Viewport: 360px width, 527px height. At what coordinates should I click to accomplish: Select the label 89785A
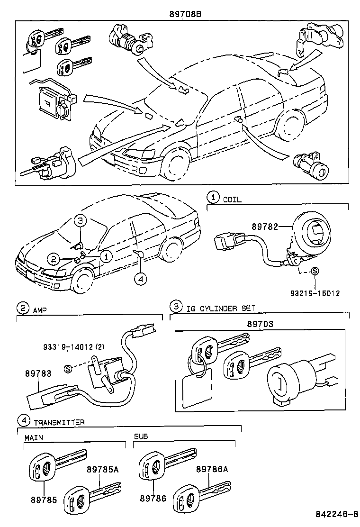[x=102, y=469]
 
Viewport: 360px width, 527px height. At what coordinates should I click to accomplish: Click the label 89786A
[x=212, y=469]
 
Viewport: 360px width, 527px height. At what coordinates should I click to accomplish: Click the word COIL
[x=232, y=200]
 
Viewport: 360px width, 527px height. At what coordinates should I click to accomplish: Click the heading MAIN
[x=33, y=437]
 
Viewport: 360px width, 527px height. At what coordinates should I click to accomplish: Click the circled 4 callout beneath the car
[x=140, y=279]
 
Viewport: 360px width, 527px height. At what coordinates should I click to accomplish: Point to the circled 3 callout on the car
[x=81, y=220]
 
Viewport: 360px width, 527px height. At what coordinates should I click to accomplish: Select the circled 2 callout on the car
[x=54, y=259]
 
